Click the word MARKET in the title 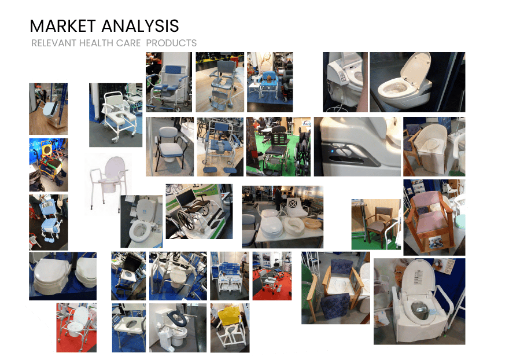63,26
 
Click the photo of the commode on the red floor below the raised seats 76,327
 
